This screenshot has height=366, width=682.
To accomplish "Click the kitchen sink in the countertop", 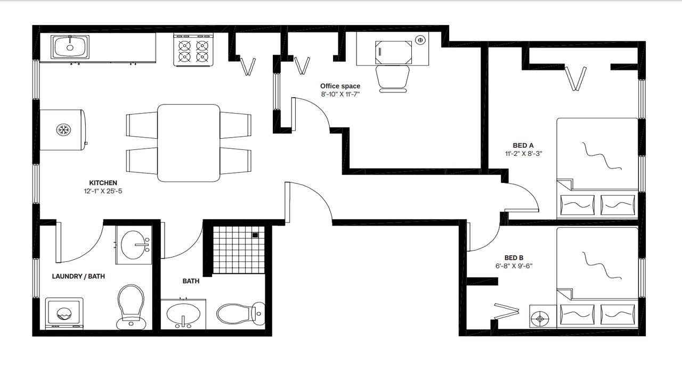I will (x=70, y=47).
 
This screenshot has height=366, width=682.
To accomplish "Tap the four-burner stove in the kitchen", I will (x=193, y=50).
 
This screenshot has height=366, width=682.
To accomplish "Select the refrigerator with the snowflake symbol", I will (x=63, y=130).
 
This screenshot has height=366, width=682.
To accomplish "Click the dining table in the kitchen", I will (x=189, y=142).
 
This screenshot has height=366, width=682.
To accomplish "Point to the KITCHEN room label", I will (x=103, y=183).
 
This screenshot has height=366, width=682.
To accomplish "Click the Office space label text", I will (x=340, y=86).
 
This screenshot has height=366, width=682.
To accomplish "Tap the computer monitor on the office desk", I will (x=393, y=52).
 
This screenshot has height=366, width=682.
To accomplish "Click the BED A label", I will (x=523, y=145).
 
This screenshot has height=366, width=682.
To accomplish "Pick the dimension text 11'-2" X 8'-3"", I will (x=524, y=154).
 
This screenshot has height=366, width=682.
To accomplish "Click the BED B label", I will (x=514, y=257).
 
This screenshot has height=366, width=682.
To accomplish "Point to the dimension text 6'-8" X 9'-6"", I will (x=514, y=266).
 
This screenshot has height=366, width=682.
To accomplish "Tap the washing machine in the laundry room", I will (x=64, y=313).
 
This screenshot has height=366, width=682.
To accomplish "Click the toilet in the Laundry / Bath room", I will (x=131, y=306).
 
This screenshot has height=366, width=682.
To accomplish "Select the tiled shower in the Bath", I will (x=238, y=249).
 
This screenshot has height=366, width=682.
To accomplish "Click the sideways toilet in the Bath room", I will (x=240, y=314).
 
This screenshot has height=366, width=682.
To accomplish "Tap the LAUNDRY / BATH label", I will (x=78, y=276).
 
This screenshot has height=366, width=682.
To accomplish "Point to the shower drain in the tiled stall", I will (x=255, y=235).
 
